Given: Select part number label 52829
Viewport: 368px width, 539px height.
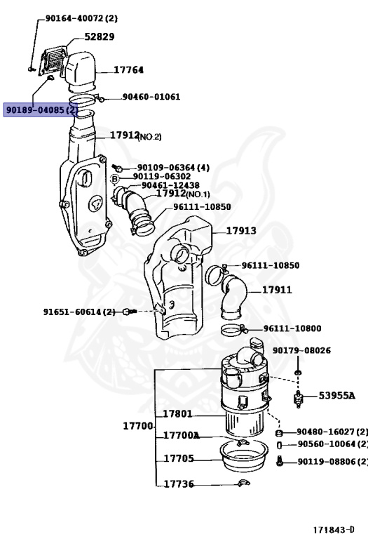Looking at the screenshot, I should [100, 36].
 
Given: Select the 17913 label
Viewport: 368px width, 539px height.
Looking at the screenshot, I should [241, 230].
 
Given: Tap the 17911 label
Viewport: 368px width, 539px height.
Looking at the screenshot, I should [277, 289].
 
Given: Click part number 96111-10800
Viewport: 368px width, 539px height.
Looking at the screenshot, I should [292, 328].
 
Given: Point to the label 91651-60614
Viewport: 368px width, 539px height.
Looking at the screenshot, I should [79, 311].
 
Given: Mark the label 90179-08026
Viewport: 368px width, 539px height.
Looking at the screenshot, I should [301, 350].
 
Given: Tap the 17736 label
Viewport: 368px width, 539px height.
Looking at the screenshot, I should [179, 484].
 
